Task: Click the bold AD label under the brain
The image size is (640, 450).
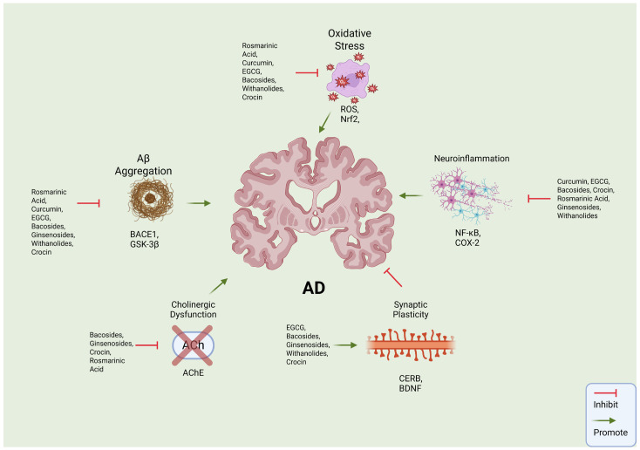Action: pos(314,288)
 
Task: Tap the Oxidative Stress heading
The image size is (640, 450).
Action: pos(350,39)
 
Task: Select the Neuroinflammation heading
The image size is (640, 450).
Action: pos(472,159)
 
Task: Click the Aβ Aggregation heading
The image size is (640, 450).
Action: pos(143,165)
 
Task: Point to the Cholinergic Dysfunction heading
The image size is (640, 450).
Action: pos(193,310)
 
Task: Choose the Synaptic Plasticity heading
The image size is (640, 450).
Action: pos(411,310)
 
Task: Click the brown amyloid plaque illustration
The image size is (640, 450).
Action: pos(151,199)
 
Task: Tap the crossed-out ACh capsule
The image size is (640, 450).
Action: pos(193,345)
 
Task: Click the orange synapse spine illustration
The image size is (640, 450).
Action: pos(411,345)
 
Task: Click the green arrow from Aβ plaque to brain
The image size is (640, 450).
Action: pos(199,203)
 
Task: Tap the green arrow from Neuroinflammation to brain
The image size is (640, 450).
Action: pos(411,196)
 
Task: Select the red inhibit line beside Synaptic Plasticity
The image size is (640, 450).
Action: pos(393,277)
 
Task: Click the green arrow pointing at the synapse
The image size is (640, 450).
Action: pos(345,345)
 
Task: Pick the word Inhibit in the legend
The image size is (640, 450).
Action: pos(606,405)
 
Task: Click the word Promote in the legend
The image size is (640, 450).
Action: pos(610,433)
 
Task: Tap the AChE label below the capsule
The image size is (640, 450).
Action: pos(193,373)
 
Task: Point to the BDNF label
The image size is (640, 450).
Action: pos(410,388)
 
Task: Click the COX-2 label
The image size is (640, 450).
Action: pos(467,243)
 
